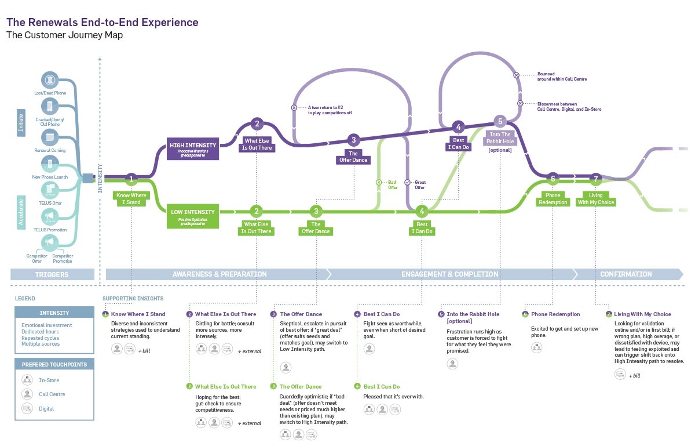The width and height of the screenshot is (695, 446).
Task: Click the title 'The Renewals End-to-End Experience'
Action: click(x=102, y=23)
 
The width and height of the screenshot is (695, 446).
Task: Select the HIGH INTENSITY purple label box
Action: click(x=193, y=148)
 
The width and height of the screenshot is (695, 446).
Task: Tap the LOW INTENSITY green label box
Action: click(x=193, y=215)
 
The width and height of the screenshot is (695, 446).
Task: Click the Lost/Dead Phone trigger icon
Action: click(x=50, y=80)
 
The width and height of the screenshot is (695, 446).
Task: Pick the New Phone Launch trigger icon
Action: click(x=50, y=164)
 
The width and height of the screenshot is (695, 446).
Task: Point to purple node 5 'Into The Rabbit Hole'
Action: click(x=500, y=121)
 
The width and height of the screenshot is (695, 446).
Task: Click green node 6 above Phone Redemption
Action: click(x=553, y=179)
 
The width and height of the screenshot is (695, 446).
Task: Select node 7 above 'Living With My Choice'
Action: click(x=595, y=179)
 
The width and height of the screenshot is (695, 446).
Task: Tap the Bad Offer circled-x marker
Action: click(x=379, y=182)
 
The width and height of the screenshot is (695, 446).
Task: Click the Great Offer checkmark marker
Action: click(x=407, y=182)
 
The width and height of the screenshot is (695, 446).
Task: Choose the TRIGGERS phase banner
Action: click(x=52, y=274)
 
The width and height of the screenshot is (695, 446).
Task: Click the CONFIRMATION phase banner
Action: click(x=625, y=274)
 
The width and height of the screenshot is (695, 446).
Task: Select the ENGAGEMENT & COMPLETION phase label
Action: click(x=449, y=274)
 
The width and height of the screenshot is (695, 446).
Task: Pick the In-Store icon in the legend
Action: click(x=27, y=380)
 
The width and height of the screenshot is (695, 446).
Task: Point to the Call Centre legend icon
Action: click(x=27, y=394)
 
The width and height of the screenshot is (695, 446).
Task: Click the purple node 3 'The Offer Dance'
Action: click(x=353, y=140)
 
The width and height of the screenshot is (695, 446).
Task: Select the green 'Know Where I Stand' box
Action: click(x=131, y=198)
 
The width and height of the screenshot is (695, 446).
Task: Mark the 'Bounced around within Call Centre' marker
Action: click(x=517, y=75)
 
